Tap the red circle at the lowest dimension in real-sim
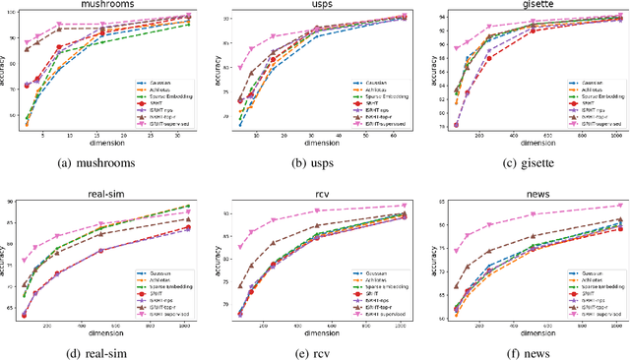25,315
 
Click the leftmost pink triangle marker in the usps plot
241,68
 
